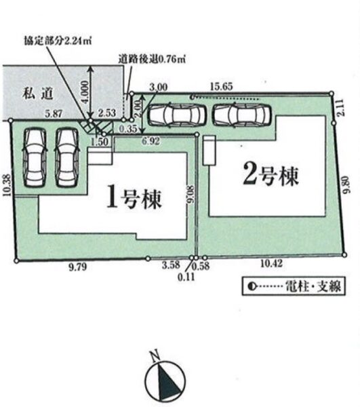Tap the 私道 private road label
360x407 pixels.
(x=38, y=94)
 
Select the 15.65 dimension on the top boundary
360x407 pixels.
(x=221, y=87)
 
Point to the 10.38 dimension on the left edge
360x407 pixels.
(x=7, y=185)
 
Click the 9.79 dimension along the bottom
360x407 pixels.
(x=78, y=267)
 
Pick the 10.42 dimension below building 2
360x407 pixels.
(x=271, y=264)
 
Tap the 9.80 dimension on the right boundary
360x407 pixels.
(x=346, y=185)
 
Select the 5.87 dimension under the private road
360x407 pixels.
(x=53, y=114)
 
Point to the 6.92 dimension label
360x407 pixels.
(x=151, y=141)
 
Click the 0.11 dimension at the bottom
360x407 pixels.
(x=186, y=277)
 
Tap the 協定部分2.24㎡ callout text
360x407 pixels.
(x=58, y=41)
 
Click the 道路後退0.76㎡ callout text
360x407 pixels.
(x=153, y=60)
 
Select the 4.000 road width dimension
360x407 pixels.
(x=85, y=92)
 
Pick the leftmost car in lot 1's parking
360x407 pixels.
(x=35, y=157)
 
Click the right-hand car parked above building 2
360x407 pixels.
(x=242, y=114)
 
